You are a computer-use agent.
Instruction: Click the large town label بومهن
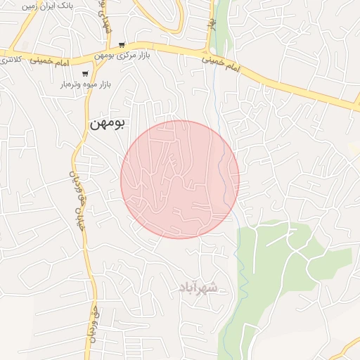[x=107, y=123]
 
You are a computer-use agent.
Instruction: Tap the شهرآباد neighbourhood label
[x=205, y=288]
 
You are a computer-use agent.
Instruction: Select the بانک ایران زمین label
[x=49, y=5]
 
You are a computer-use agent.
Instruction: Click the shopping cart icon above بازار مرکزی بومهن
[x=122, y=44]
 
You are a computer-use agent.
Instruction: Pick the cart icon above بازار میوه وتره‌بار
[x=85, y=73]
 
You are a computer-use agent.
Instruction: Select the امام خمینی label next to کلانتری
[x=50, y=63]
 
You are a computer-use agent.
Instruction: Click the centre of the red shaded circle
[x=180, y=180]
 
